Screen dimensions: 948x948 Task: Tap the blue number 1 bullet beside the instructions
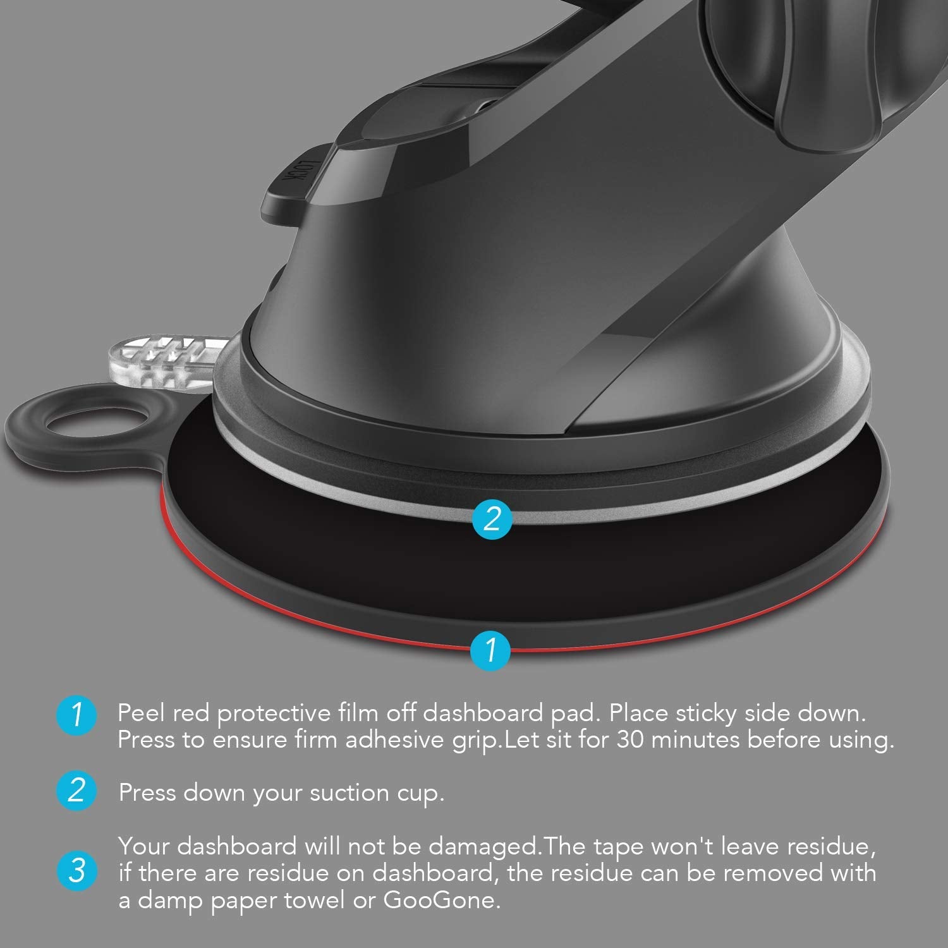click(76, 715)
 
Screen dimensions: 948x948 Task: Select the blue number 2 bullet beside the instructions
click(76, 791)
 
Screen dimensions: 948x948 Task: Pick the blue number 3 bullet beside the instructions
click(76, 872)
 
